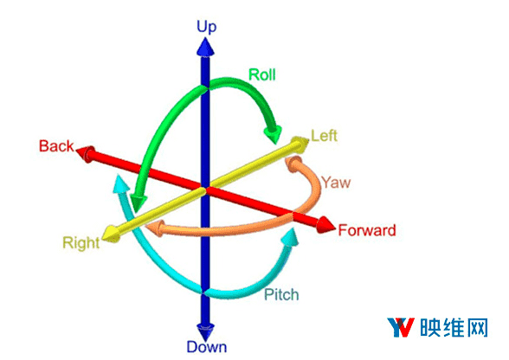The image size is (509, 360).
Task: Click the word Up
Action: [206, 27]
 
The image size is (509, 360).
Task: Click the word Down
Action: [206, 347]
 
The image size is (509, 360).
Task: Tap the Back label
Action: [56, 146]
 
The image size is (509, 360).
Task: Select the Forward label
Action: [367, 230]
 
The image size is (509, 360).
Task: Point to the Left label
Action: [324, 135]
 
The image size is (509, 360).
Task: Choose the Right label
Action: [81, 243]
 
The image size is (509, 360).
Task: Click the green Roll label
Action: [262, 74]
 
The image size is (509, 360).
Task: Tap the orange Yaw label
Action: [336, 183]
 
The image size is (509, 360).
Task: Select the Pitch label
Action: [281, 294]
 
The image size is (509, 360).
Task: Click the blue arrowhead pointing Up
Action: [205, 47]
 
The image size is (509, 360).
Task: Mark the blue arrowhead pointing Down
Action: [205, 331]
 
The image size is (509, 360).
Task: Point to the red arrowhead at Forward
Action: [325, 224]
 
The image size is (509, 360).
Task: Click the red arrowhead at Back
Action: [86, 153]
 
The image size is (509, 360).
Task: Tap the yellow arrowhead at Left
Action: [300, 144]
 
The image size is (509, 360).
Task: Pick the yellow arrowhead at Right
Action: [111, 234]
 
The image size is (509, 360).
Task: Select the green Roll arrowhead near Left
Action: [273, 133]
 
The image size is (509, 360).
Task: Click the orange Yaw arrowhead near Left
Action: [293, 163]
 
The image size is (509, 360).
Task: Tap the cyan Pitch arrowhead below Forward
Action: [290, 238]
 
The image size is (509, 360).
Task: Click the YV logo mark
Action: [401, 327]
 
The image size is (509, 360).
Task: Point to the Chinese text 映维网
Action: [454, 327]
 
